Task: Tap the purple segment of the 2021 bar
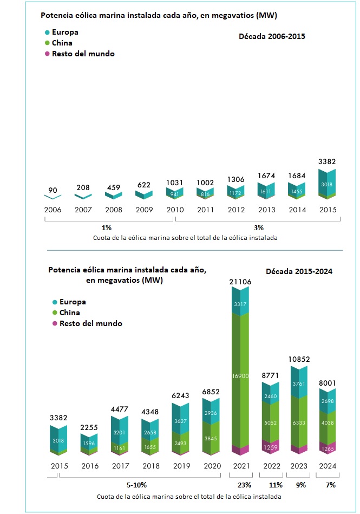[240, 450]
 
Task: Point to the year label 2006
[53, 210]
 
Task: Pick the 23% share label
[240, 485]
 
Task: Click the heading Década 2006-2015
[272, 37]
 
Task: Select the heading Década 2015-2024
[298, 271]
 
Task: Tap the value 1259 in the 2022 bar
[270, 448]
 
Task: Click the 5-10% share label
[136, 485]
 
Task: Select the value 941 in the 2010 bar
[175, 193]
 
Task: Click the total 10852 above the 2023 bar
[300, 360]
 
